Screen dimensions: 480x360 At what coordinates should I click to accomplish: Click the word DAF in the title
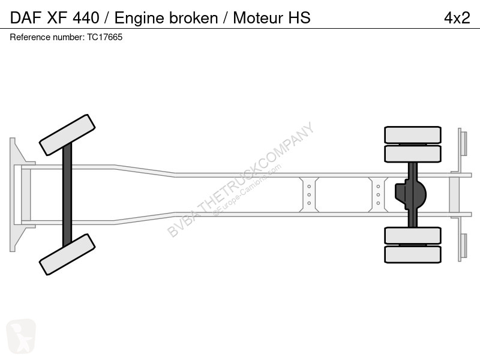pyautogui.click(x=26, y=18)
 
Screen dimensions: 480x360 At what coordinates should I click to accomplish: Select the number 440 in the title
pyautogui.click(x=86, y=18)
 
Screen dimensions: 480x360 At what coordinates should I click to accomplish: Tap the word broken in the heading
pyautogui.click(x=193, y=18)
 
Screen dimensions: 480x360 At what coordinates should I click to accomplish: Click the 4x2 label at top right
pyautogui.click(x=457, y=18)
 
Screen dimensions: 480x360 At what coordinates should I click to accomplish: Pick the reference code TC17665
pyautogui.click(x=104, y=37)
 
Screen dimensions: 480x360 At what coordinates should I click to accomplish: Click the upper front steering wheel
pyautogui.click(x=67, y=135)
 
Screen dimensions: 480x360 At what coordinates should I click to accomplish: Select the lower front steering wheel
pyautogui.click(x=67, y=254)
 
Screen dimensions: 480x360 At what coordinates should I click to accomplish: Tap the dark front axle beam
pyautogui.click(x=67, y=194)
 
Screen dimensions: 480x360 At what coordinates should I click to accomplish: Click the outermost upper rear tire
pyautogui.click(x=413, y=134)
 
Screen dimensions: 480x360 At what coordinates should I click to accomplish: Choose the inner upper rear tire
pyautogui.click(x=413, y=154)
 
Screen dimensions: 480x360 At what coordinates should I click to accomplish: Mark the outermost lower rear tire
pyautogui.click(x=413, y=254)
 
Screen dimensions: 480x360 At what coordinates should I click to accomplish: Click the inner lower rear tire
pyautogui.click(x=413, y=235)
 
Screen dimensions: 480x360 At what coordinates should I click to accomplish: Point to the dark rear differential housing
pyautogui.click(x=410, y=194)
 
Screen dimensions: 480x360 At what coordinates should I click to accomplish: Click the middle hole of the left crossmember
pyautogui.click(x=309, y=194)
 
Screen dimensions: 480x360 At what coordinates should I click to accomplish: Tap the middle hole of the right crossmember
pyautogui.click(x=378, y=194)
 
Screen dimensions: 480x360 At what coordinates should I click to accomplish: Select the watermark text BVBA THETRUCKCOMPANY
pyautogui.click(x=241, y=179)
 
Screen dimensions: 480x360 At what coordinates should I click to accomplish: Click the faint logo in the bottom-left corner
pyautogui.click(x=21, y=336)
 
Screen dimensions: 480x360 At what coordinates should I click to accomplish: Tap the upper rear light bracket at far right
pyautogui.click(x=463, y=143)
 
